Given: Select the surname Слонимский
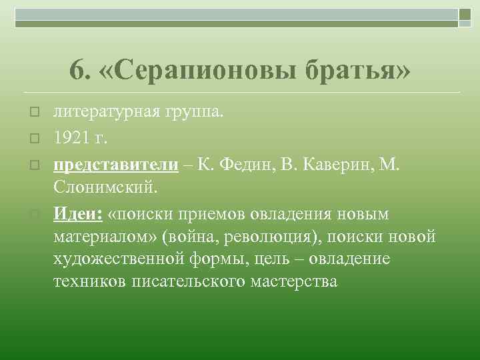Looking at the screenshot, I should pyautogui.click(x=107, y=187).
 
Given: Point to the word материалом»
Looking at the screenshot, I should pyautogui.click(x=108, y=237).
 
